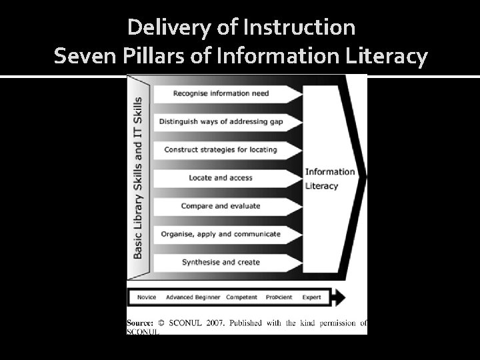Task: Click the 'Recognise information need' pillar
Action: [221, 93]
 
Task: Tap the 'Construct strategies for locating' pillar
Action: [221, 149]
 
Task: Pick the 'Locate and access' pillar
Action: [221, 177]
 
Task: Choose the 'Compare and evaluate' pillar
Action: [221, 206]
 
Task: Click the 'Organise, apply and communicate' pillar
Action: [221, 234]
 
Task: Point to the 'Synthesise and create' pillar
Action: [221, 262]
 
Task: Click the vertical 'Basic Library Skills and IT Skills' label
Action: [138, 177]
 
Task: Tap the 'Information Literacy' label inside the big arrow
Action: [330, 179]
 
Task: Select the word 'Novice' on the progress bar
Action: [146, 297]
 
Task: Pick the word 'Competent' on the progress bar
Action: [241, 297]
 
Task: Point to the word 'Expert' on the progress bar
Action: [311, 297]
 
